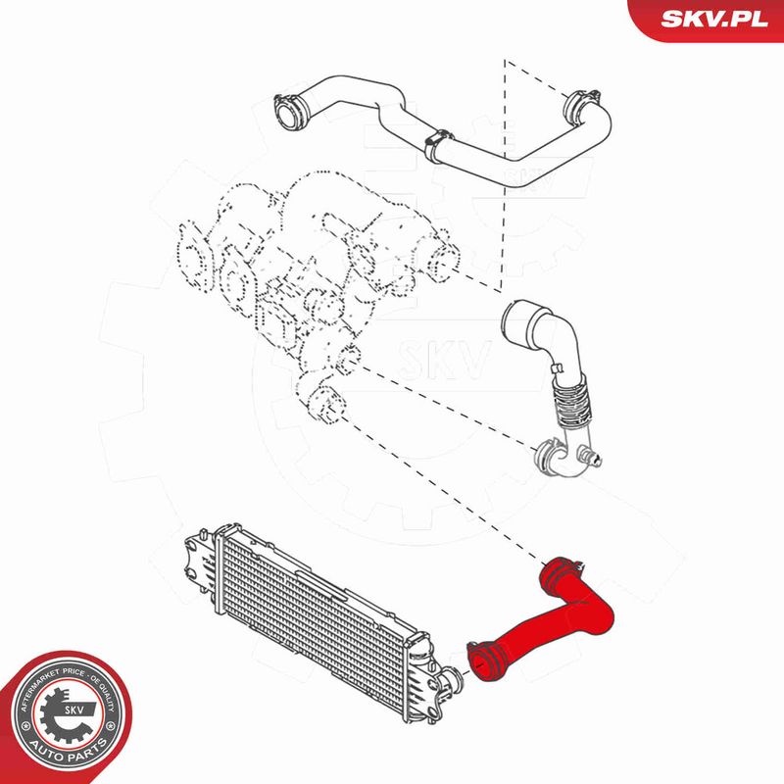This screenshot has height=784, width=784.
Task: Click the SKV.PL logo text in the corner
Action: click(713, 19)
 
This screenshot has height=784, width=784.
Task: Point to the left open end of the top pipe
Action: click(286, 113)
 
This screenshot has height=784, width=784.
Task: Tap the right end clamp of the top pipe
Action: click(580, 105)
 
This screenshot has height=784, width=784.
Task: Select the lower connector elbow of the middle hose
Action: click(564, 455)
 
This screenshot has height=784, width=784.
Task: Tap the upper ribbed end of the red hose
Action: click(560, 571)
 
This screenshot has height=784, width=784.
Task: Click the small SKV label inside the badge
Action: click(74, 710)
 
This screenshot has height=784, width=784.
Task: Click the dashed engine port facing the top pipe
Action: click(443, 261)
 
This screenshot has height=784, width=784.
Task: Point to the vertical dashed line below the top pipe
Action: click(503, 175)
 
